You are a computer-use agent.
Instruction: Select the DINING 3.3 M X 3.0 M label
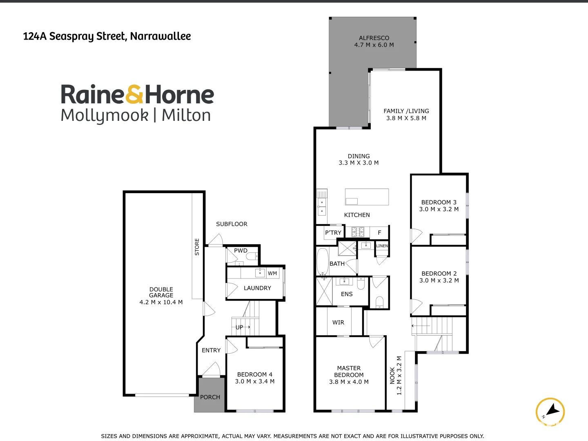(x=359, y=159)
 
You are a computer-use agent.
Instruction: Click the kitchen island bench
(x=367, y=197)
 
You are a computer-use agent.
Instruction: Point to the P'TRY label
(x=333, y=233)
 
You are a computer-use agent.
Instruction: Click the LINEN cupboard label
(x=382, y=246)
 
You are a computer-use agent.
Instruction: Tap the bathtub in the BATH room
(x=323, y=261)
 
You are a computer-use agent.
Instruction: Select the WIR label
(x=338, y=323)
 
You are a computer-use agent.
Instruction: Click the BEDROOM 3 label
(x=439, y=205)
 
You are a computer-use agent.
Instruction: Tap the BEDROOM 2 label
(x=439, y=277)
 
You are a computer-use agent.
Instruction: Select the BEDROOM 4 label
(x=255, y=378)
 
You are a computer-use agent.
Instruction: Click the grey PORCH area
(x=210, y=394)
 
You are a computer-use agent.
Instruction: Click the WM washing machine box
(x=272, y=274)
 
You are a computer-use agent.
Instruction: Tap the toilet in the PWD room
(x=252, y=256)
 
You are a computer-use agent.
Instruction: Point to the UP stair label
(x=240, y=327)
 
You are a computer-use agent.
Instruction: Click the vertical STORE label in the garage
(x=197, y=247)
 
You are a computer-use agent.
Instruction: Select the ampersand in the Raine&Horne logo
(x=134, y=95)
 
